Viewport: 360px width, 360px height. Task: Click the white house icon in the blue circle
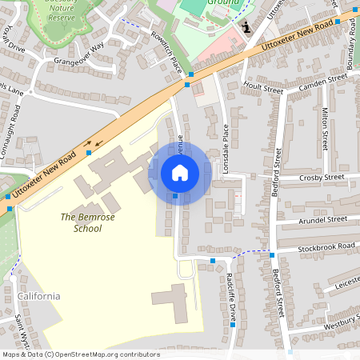[180, 173]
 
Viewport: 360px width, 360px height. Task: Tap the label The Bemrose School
[82, 222]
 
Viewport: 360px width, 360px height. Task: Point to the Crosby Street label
[321, 177]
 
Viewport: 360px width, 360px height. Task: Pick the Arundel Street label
[322, 218]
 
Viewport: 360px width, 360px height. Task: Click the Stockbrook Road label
[325, 246]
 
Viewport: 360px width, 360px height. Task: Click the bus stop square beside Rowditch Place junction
[189, 84]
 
